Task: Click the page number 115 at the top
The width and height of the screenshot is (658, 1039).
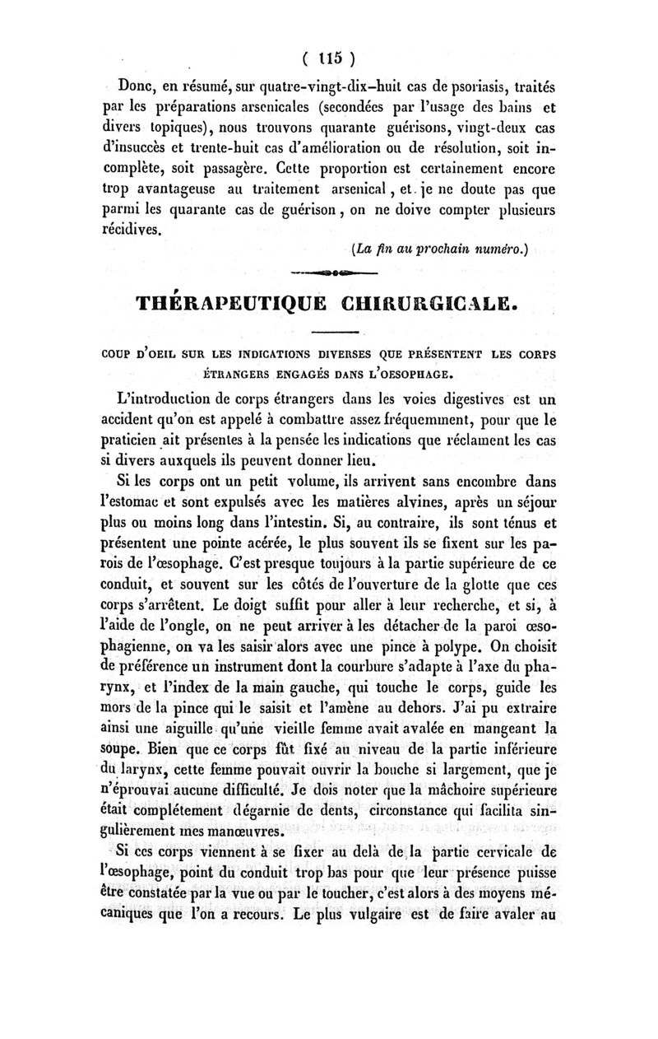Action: point(328,59)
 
